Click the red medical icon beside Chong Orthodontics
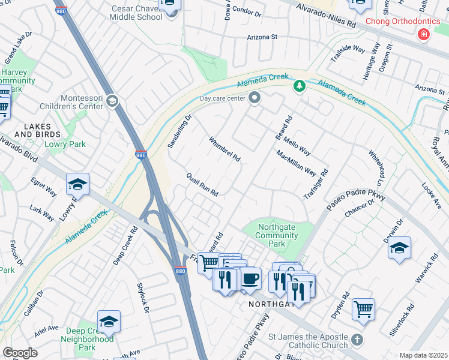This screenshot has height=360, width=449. click(424, 35)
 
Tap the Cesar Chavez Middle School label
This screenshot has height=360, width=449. click(137, 13)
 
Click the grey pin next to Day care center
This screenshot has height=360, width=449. click(255, 98)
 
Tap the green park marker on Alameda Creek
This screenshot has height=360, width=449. click(299, 87)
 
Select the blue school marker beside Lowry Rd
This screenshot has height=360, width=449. click(77, 185)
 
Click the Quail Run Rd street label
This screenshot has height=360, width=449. click(202, 184)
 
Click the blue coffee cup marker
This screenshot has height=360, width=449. click(250, 279)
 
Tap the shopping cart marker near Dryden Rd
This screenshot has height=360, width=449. click(363, 310)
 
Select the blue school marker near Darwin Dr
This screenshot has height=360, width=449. click(399, 248)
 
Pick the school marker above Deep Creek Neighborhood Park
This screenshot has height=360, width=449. click(109, 322)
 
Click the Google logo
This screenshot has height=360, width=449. click(20, 353)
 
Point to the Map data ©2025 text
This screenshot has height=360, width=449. click(423, 355)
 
